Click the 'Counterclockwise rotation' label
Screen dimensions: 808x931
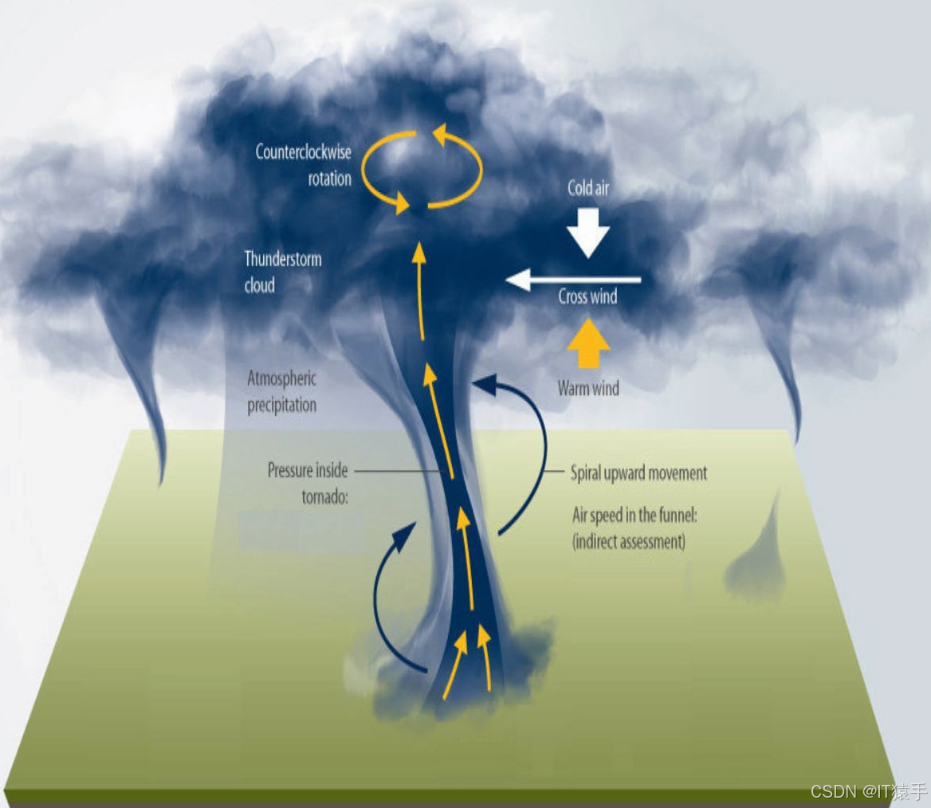(303, 165)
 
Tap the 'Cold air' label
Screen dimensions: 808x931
(588, 188)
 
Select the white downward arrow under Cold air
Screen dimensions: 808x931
(588, 232)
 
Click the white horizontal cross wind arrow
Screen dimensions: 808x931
(574, 280)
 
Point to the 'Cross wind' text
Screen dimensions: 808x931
(587, 298)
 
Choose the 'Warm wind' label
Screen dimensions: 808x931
(588, 388)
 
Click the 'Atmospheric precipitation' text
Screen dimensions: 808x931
(281, 391)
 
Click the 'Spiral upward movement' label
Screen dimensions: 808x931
(638, 473)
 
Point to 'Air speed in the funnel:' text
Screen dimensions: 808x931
(635, 516)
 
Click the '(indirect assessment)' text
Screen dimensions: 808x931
(629, 542)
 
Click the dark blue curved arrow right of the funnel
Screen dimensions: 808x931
(526, 454)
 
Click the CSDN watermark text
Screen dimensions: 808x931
(868, 791)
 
